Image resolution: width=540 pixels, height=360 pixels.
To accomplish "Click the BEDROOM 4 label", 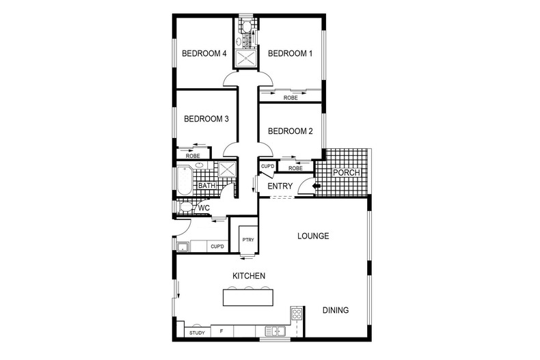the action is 204,54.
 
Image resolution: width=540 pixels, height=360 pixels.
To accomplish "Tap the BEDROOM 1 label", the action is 290,54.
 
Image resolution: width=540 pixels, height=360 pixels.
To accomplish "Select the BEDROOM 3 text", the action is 206,119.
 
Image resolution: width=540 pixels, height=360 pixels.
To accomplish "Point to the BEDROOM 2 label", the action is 291,131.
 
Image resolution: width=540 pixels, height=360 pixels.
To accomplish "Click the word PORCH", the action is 347,172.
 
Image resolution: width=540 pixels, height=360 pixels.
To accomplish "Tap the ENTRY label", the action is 280,186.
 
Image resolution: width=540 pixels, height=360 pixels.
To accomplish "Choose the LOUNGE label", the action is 313,236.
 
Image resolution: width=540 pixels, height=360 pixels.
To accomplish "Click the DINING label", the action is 336,310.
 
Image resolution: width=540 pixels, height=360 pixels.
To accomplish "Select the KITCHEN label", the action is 249,276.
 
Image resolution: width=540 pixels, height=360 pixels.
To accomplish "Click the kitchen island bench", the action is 248,297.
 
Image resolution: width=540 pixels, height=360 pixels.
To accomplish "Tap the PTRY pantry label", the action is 248,240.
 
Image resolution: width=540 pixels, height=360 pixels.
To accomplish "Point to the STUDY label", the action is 197,333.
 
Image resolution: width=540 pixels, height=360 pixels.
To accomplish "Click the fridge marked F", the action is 221,331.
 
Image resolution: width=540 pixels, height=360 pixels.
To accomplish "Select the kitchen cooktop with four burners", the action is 297,313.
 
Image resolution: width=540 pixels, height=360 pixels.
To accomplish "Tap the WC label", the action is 204,208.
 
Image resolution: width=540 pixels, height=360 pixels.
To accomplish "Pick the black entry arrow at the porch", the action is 316,186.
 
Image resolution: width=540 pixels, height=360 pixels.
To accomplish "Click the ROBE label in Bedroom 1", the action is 291,98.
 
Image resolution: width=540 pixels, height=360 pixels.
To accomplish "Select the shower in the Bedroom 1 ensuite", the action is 245,58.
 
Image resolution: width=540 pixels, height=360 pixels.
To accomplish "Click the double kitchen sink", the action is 275,331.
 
